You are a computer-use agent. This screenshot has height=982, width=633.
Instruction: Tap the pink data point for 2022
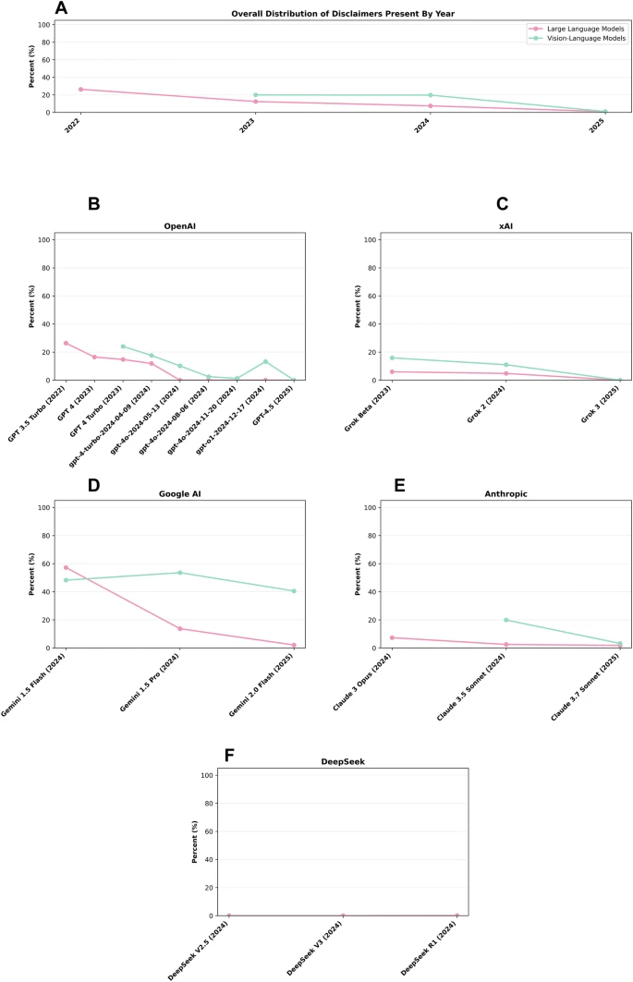(80, 90)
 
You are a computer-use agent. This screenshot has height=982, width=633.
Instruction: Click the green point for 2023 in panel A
(255, 95)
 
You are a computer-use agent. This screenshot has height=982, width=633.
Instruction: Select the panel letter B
(94, 204)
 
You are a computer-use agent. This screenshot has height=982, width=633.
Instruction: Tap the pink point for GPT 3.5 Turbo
(66, 343)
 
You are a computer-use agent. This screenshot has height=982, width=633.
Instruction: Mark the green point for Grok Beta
(392, 358)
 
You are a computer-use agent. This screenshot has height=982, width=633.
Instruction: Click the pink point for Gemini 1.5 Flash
(66, 567)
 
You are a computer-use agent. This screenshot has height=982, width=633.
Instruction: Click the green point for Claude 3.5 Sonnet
(505, 620)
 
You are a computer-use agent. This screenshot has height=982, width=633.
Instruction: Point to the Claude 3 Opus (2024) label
(367, 685)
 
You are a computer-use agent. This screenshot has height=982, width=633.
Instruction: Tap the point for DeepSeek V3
(343, 915)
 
